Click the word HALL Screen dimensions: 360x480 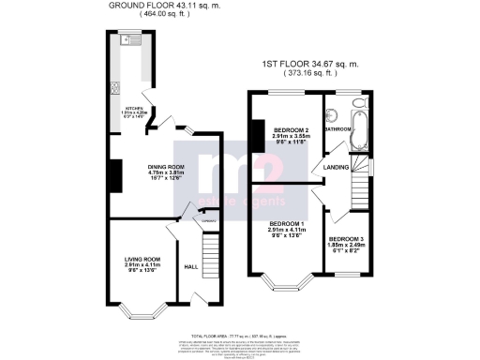coord(189,265)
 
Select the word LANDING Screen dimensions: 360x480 coord(336,168)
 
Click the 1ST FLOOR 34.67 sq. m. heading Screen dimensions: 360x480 coord(322,65)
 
